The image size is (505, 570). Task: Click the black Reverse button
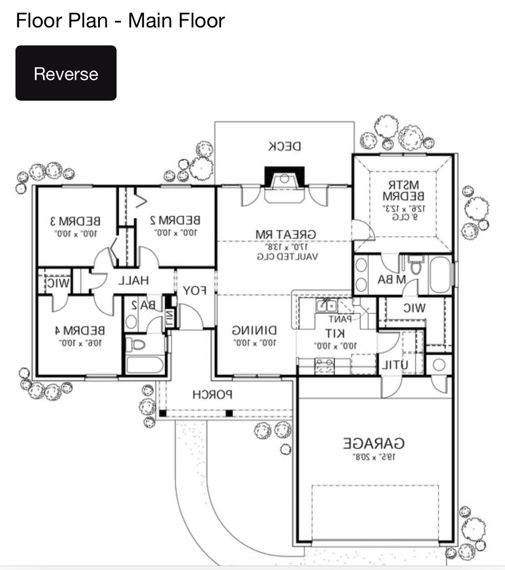coord(66,73)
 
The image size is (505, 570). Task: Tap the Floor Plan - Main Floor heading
coord(120,21)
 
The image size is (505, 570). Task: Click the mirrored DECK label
coord(284,146)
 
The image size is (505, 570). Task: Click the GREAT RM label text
coord(285,234)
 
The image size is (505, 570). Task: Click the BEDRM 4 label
coord(80,331)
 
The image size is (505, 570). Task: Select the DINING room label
coord(254,331)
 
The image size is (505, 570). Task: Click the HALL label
coord(132,281)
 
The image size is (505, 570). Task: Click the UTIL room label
coord(394,365)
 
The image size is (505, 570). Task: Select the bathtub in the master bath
coord(440,274)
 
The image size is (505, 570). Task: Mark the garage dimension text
coord(374,457)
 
